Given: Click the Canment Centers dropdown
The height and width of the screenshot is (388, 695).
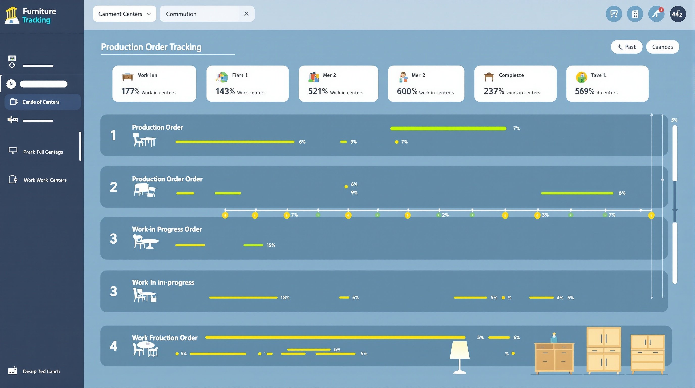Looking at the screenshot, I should [x=124, y=14].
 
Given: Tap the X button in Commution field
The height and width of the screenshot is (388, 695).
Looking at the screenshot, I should [x=246, y=14].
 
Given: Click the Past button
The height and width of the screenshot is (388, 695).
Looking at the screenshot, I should [x=627, y=47].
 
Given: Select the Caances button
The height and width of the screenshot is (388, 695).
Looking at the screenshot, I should [x=662, y=47].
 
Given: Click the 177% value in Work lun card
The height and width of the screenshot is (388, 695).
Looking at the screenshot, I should [x=130, y=91].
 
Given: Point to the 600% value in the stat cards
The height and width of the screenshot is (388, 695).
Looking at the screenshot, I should [x=407, y=91].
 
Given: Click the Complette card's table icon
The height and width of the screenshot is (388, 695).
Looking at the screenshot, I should [x=489, y=77].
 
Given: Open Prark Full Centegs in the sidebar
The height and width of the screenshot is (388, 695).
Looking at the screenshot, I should [x=43, y=152].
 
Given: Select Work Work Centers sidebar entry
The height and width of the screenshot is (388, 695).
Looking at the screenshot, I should [x=45, y=180].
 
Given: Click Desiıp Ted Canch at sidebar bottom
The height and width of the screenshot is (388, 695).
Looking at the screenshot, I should [x=41, y=371].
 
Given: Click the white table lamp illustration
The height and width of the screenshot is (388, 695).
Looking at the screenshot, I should [x=459, y=356].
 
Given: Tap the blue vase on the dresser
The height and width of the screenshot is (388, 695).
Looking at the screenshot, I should [x=554, y=338].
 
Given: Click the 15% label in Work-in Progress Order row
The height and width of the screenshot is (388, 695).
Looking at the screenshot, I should [x=271, y=245].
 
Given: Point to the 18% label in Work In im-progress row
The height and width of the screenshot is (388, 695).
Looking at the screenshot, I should [x=285, y=298].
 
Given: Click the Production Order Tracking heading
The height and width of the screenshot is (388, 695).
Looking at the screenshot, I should [x=151, y=47].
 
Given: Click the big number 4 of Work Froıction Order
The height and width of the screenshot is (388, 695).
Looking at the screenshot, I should [x=114, y=346].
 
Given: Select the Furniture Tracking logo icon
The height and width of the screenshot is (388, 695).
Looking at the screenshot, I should [x=12, y=15].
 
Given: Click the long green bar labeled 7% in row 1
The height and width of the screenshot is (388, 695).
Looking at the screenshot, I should [x=448, y=128].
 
